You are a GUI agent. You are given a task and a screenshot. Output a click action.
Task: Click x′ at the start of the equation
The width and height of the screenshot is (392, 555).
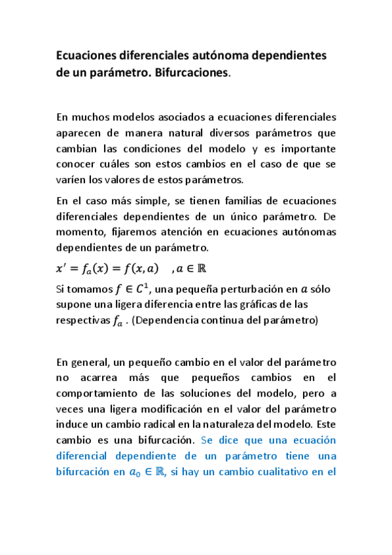[64, 266]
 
